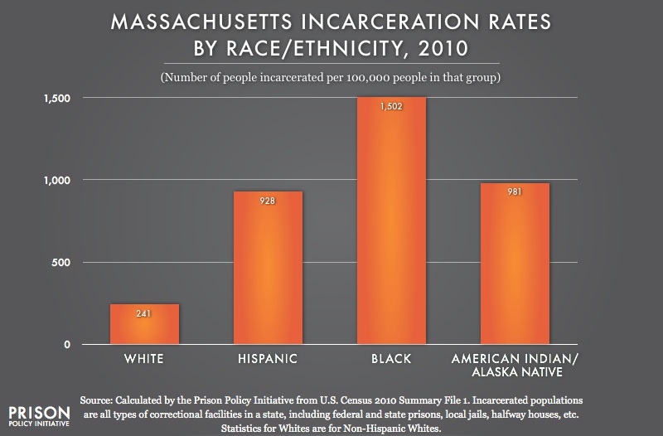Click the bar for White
coord(144,324)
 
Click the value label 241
coord(144,314)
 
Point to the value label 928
coord(267,201)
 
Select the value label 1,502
coord(390,107)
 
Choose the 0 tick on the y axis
coord(67,344)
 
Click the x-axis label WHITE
coord(144,359)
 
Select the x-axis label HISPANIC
coord(267,359)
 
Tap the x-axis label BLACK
coord(390,359)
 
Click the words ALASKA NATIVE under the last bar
coord(515,371)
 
